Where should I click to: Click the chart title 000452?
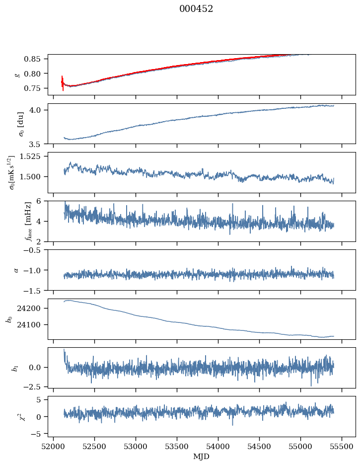point(196,9)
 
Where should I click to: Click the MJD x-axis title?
point(202,457)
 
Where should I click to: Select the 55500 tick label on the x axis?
point(342,446)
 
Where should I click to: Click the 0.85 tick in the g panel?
point(36,59)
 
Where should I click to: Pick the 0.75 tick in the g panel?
point(36,88)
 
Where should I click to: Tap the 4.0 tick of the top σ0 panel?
point(39,110)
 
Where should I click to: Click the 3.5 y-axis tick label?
point(39,145)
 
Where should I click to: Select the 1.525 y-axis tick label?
point(34,156)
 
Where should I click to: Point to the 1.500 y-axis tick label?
point(34,176)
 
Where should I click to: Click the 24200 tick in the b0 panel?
point(33,309)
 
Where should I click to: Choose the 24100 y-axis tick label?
point(33,325)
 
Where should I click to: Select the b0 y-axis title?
point(9,319)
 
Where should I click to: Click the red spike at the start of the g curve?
point(63,82)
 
